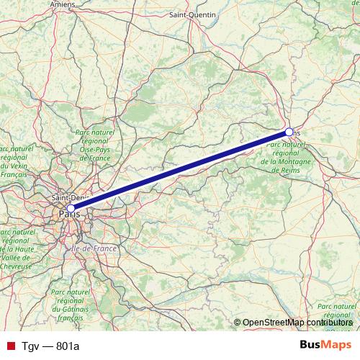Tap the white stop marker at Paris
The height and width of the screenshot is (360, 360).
click(x=71, y=208)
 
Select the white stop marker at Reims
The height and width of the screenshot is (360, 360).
click(x=289, y=132)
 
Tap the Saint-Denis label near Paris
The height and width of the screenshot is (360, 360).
click(x=70, y=197)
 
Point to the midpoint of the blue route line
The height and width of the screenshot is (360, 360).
click(x=180, y=171)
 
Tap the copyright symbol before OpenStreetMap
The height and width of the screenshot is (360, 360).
click(x=238, y=323)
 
